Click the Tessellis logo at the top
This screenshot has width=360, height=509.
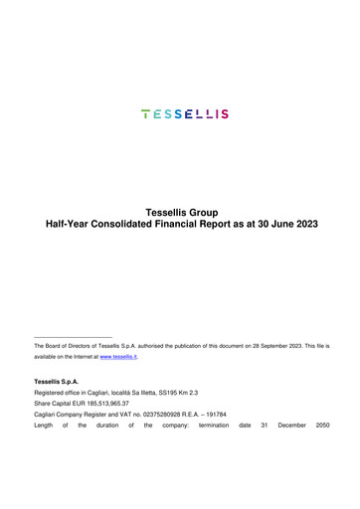185,114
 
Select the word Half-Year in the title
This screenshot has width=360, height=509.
74,225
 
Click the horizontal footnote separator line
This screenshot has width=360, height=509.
74,337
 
